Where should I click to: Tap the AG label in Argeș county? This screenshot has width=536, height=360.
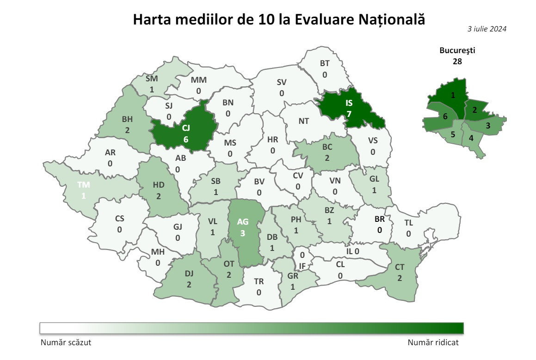[242, 221]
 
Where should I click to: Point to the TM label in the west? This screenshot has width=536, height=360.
[84, 185]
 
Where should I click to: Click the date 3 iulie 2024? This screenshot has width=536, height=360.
[487, 29]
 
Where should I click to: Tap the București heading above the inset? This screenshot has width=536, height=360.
[457, 50]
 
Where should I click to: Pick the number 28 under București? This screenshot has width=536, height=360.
[457, 61]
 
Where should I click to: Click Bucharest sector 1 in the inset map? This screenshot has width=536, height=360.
[453, 95]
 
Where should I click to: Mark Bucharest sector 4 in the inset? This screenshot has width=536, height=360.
[471, 138]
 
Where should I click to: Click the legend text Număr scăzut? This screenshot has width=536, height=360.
[66, 343]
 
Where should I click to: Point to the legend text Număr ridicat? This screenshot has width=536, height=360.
[433, 343]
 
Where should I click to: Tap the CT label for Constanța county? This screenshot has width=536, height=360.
[400, 267]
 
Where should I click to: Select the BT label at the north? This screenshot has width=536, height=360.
[325, 64]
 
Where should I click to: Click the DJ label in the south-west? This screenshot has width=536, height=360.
[189, 273]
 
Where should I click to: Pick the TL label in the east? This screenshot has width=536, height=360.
[408, 223]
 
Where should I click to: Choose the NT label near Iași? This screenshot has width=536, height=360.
[303, 121]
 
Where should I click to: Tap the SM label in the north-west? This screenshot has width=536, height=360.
[151, 78]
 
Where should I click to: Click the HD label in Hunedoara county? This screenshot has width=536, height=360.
[158, 185]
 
